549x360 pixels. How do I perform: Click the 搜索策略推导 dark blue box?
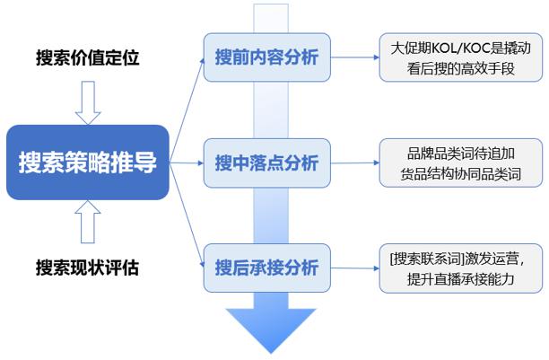[x=88, y=162]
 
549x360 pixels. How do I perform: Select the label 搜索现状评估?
[x=88, y=268]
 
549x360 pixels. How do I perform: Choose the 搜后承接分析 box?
[x=266, y=267]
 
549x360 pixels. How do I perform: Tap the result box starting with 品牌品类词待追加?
[x=460, y=162]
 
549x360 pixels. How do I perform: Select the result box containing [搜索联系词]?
[x=460, y=267]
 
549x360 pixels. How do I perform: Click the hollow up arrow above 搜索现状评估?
[x=88, y=222]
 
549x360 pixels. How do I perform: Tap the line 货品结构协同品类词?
[x=460, y=174]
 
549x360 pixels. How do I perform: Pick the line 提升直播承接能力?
[x=460, y=278]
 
